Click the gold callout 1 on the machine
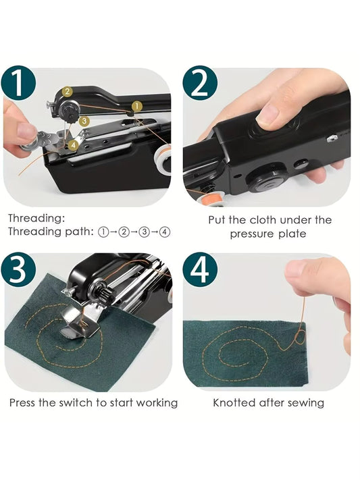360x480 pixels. tap(136, 106)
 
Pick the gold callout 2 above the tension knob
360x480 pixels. tap(68, 91)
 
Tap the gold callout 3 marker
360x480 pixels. tap(84, 122)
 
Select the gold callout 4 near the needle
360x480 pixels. tap(72, 144)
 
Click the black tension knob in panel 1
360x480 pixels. tap(70, 108)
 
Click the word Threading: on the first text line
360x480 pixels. tap(36, 219)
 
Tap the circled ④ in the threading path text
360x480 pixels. tap(164, 232)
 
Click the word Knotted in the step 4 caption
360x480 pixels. tap(235, 403)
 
